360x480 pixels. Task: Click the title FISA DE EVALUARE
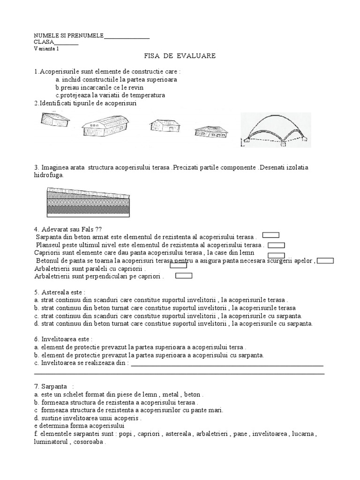tap(180, 56)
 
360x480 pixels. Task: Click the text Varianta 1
tap(46, 49)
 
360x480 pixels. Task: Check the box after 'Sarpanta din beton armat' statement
tap(271, 235)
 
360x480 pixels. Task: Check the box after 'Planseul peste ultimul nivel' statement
tap(276, 245)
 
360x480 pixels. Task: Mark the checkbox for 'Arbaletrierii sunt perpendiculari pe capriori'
tap(184, 276)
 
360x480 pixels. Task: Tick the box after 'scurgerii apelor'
tap(326, 261)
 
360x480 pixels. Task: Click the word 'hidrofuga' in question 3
tap(48, 175)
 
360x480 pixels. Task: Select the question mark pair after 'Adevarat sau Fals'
tap(98, 229)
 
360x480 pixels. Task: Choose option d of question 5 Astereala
tap(173, 323)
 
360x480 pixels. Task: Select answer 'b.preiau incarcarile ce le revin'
tap(99, 87)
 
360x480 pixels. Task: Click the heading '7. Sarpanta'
tap(54, 386)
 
